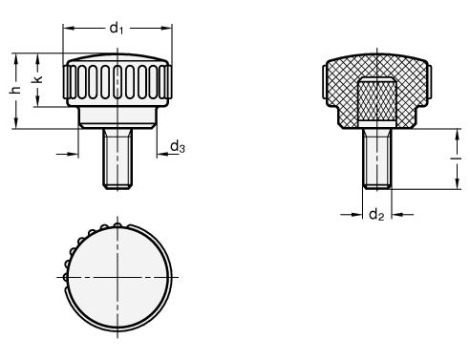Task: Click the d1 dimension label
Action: click(117, 28)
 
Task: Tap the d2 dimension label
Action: click(376, 215)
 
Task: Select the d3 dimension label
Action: click(178, 147)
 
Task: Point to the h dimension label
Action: click(15, 90)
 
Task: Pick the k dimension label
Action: click(37, 79)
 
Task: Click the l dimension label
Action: click(458, 158)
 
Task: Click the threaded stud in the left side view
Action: click(117, 159)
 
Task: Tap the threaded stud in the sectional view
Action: click(377, 159)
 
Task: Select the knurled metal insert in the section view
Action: click(377, 100)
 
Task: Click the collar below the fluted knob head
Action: click(117, 117)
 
